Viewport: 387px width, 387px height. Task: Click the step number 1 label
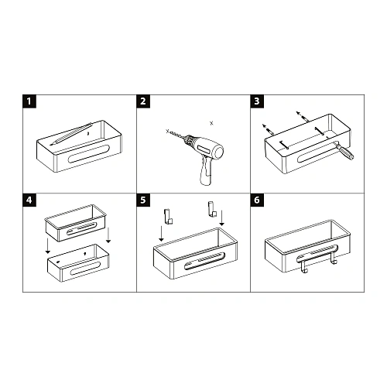29,101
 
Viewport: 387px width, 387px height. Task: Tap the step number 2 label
143,101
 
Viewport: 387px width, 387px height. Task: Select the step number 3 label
258,101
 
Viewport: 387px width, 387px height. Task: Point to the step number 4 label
29,199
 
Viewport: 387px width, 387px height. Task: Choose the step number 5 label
143,199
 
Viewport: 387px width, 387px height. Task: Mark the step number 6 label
258,199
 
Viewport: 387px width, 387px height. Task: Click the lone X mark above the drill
211,122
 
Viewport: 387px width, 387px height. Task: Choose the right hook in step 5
208,208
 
